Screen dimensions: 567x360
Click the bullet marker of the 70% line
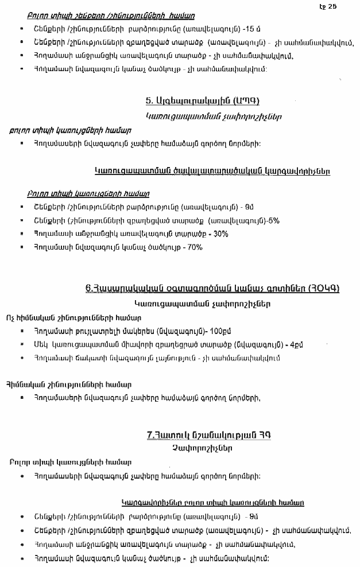pyautogui.click(x=21, y=247)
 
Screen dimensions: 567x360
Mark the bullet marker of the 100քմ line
pyautogui.click(x=21, y=331)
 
